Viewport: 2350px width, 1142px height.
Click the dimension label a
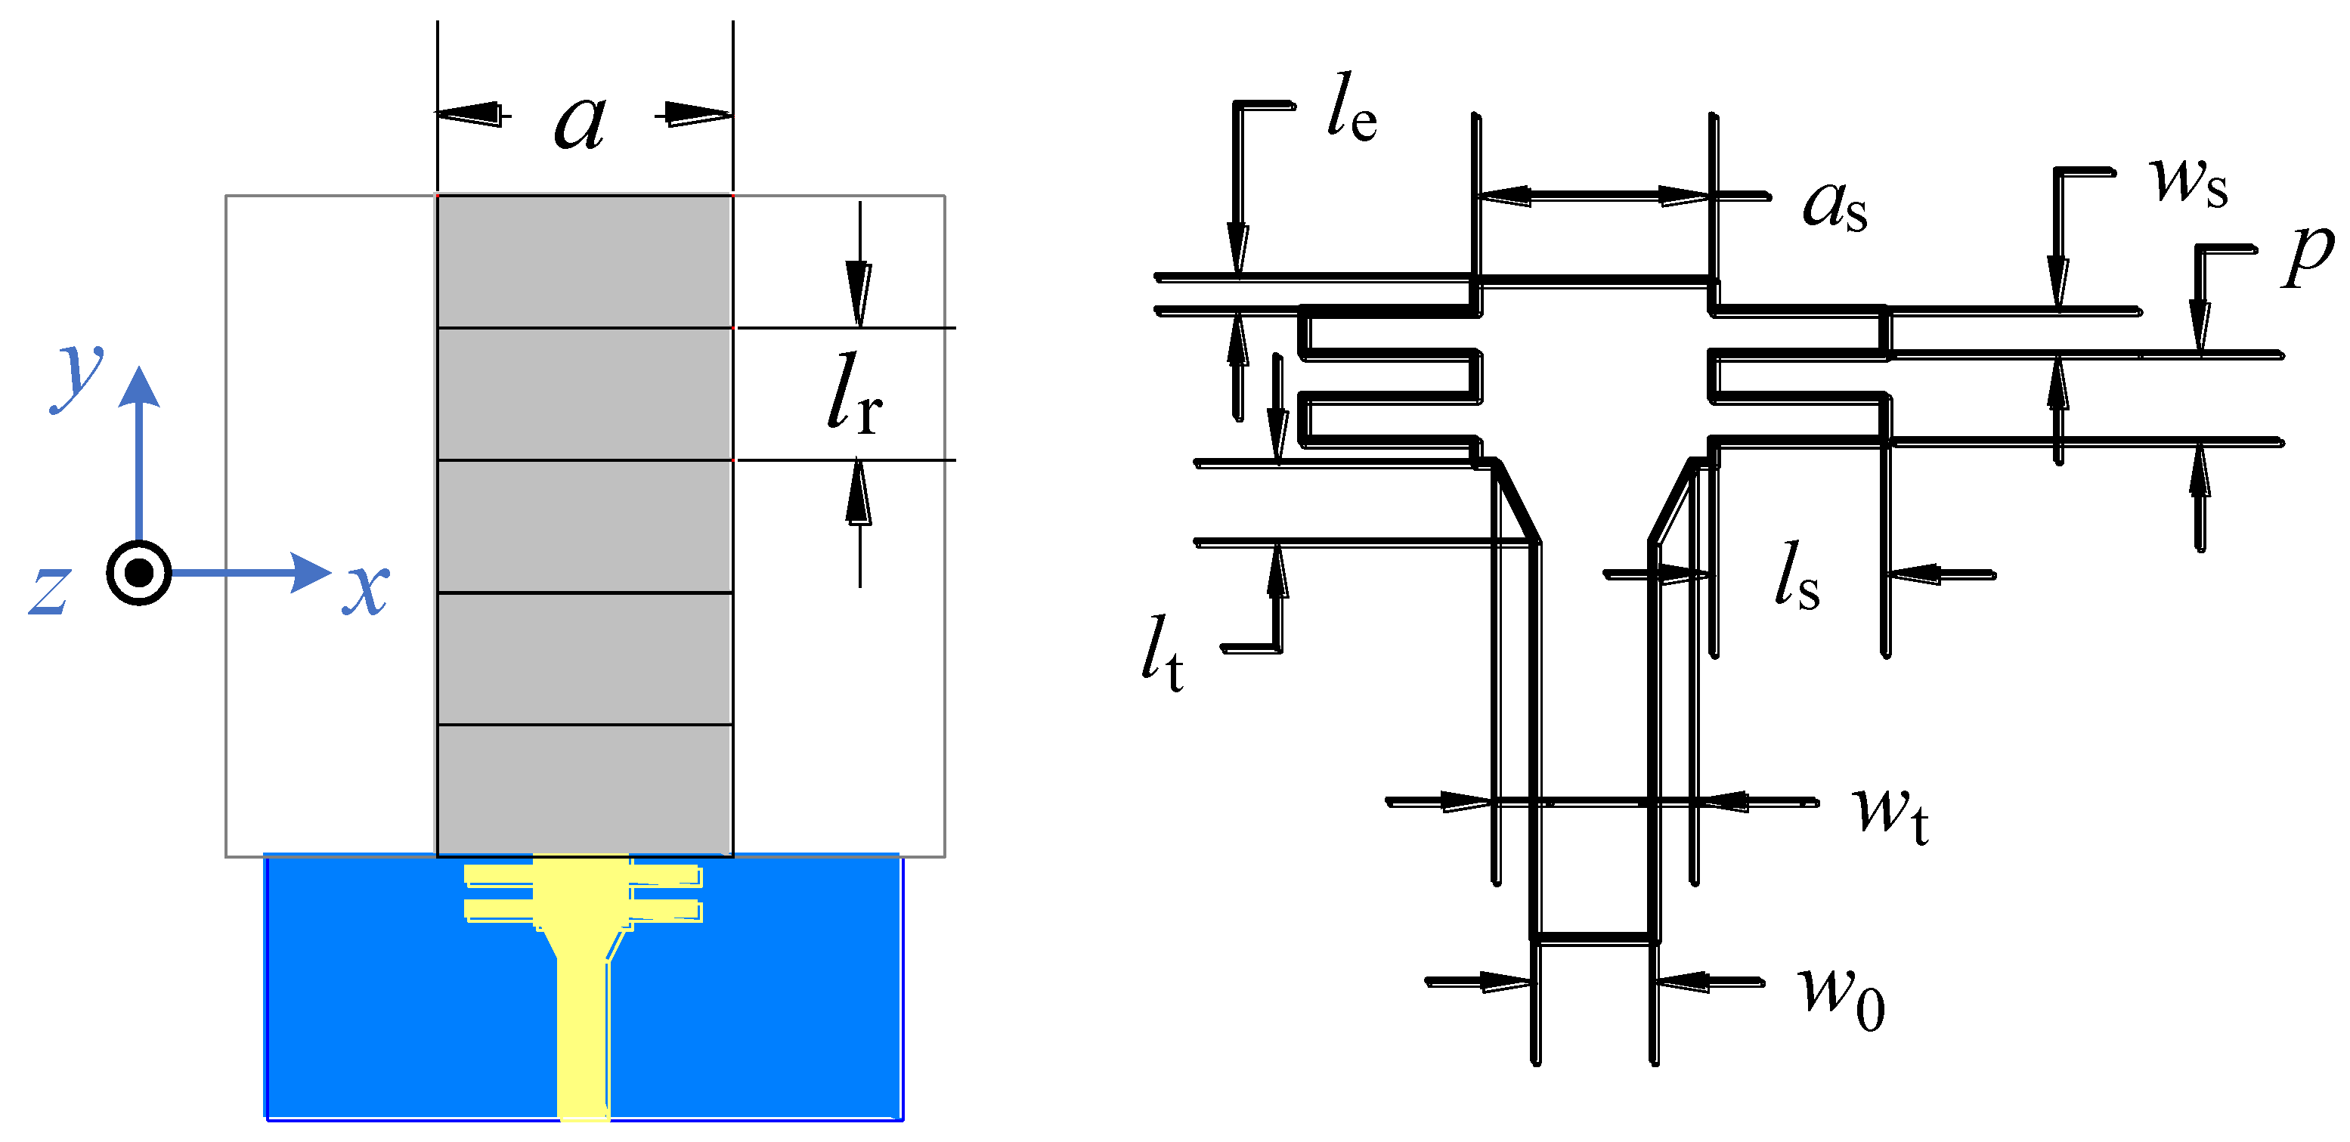[581, 123]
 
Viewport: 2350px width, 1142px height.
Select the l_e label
[1351, 110]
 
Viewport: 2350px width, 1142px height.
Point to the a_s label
[1834, 206]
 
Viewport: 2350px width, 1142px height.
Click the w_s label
[2188, 181]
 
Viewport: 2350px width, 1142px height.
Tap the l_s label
[1796, 577]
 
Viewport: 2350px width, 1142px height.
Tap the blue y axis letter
[79, 376]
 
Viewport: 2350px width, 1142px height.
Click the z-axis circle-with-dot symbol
[138, 573]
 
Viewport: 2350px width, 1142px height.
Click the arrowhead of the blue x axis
[310, 573]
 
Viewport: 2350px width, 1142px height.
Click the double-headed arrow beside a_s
[1593, 195]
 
